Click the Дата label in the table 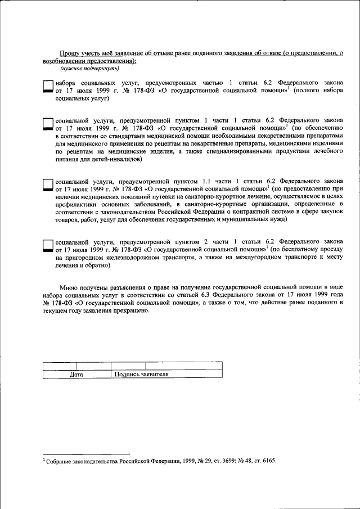[x=76, y=374]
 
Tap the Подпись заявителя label [x=141, y=374]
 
